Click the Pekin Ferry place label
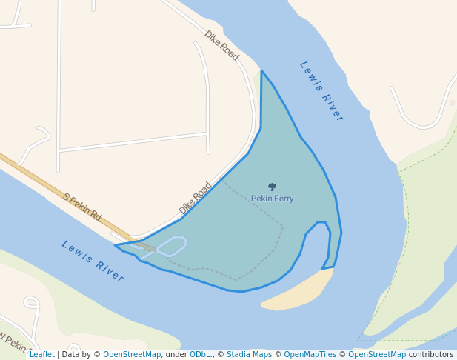272,199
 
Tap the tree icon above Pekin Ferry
272,187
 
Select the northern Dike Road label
221,46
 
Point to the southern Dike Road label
195,199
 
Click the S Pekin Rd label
82,207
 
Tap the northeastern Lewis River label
321,90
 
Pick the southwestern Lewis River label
93,260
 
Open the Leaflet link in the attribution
42,354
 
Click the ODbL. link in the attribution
200,354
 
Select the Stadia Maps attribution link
249,354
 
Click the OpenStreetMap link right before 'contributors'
377,354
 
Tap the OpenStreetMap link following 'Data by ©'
132,354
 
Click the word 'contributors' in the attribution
431,354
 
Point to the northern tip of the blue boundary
261,71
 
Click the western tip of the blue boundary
116,245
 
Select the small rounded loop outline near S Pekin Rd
171,246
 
